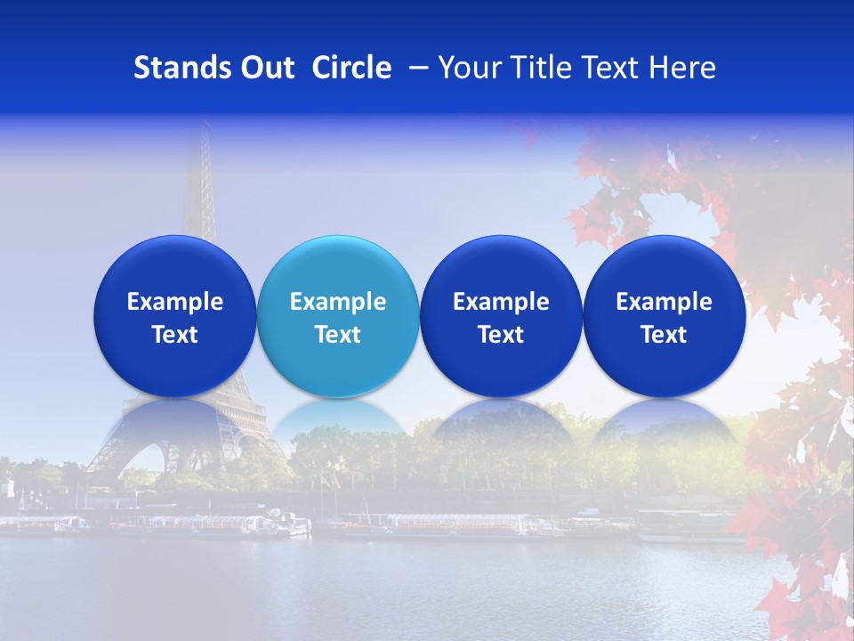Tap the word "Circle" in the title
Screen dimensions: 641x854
pyautogui.click(x=351, y=68)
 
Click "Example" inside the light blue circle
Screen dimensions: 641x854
pyautogui.click(x=338, y=302)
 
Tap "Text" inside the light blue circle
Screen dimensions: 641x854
pyautogui.click(x=338, y=335)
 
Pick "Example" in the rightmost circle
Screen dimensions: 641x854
pyautogui.click(x=665, y=302)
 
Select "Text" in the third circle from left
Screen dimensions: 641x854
pyautogui.click(x=501, y=335)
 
